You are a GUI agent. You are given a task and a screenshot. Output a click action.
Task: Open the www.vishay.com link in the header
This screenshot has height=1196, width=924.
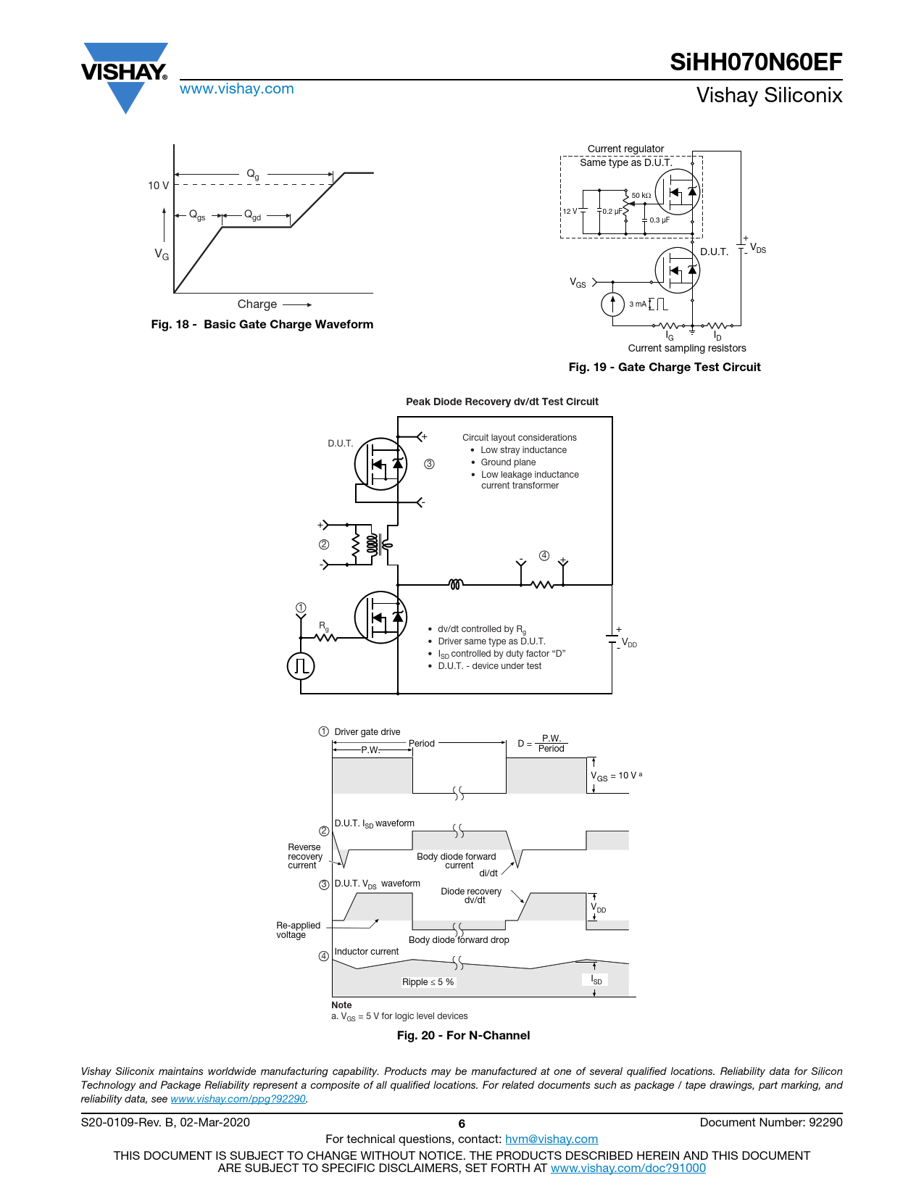237,89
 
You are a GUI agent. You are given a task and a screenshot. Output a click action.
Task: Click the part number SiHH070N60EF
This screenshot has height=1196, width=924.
755,62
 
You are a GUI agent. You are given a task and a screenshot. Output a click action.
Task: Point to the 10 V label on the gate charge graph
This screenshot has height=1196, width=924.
158,186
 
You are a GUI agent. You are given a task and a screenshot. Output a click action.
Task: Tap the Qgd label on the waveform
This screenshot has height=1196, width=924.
252,215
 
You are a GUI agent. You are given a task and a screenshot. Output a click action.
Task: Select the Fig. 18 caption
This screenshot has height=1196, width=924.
262,325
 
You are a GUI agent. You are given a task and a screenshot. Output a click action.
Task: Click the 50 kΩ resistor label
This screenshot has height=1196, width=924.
641,196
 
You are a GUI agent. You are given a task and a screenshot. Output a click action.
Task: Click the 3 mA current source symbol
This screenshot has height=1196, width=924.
613,304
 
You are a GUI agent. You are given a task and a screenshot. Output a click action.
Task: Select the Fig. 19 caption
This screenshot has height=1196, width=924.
664,367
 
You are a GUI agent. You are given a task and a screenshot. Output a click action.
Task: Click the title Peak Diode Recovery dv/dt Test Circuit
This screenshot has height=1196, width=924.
501,402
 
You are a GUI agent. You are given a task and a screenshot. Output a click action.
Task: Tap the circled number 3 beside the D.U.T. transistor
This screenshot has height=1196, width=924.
429,464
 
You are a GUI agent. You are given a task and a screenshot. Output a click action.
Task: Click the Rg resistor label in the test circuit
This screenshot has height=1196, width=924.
324,626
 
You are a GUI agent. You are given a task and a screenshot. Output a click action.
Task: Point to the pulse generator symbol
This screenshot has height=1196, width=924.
301,665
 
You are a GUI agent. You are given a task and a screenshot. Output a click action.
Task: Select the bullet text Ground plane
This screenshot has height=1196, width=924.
508,462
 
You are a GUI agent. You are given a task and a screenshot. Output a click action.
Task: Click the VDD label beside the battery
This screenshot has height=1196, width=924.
629,643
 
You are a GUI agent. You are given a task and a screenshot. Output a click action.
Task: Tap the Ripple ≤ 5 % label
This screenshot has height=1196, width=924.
428,982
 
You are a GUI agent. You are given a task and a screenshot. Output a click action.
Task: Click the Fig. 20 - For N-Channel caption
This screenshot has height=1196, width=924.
463,1036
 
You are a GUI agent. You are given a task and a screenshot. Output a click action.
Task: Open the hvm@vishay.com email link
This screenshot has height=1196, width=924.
551,1139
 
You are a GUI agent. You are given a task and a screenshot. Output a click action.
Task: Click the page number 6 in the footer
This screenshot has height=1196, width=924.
462,1124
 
